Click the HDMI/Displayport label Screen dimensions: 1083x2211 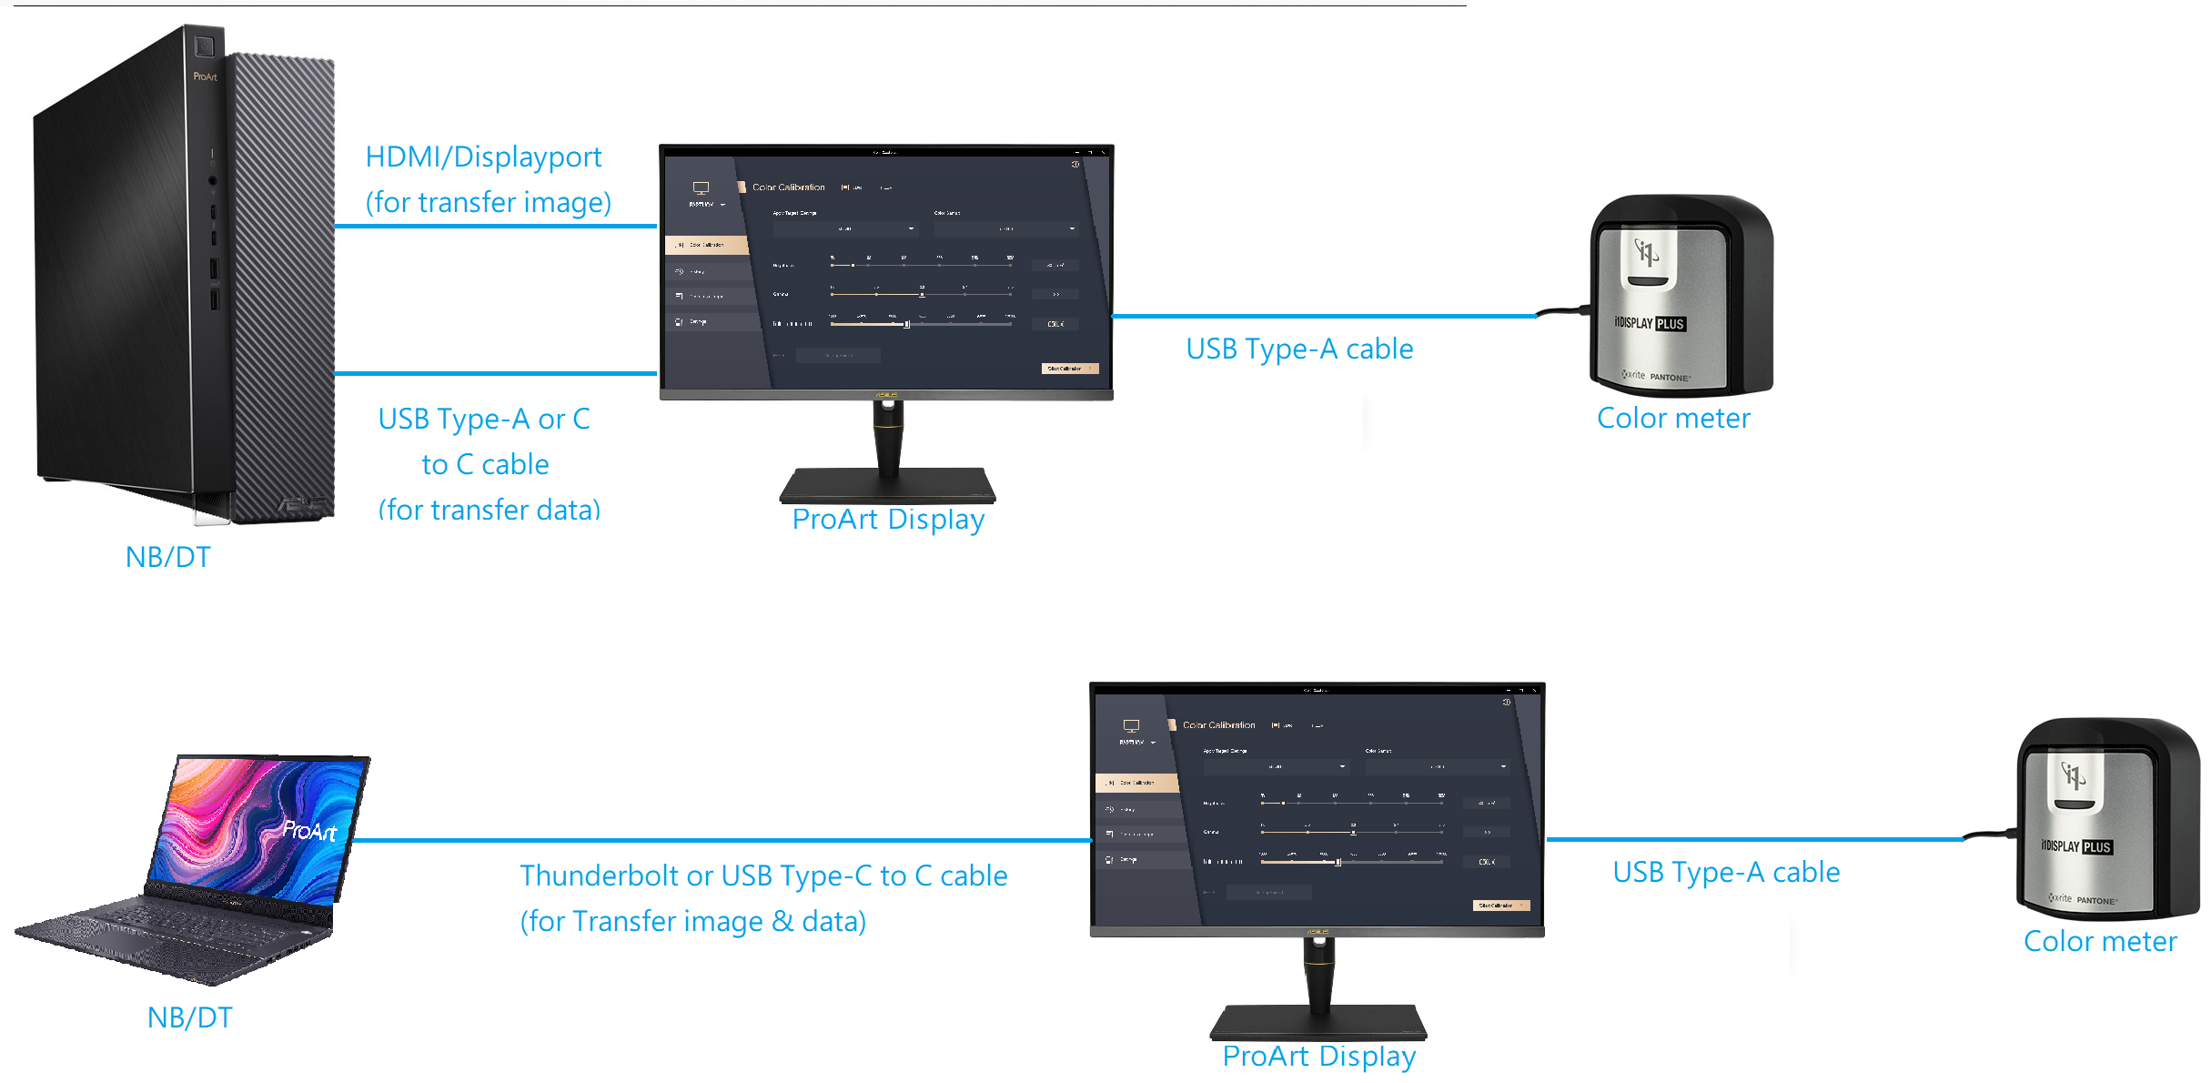tap(483, 157)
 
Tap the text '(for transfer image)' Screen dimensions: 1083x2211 tap(489, 202)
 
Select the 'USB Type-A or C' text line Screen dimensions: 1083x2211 tap(484, 419)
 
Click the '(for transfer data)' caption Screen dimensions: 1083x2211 tap(490, 510)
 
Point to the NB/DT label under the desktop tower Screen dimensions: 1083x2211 tap(168, 557)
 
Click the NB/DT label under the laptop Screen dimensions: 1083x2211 tap(190, 1017)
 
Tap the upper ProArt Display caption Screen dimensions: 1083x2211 tap(888, 520)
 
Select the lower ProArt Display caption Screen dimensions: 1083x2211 tap(1319, 1057)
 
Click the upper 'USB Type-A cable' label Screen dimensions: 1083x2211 tap(1299, 349)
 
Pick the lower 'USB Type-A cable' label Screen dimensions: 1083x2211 tap(1726, 873)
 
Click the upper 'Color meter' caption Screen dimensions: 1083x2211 tap(1673, 419)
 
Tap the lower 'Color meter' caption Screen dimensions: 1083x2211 tap(2100, 942)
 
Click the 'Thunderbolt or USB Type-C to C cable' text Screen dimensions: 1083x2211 tap(763, 876)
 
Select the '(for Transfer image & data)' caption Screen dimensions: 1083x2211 tap(693, 922)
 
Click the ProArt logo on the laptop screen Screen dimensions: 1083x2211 tap(309, 830)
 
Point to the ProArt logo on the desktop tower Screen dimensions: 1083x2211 tap(205, 77)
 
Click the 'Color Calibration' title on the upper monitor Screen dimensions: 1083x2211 tap(788, 187)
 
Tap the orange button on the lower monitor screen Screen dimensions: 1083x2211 tap(1501, 906)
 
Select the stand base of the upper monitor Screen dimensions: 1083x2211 tap(888, 485)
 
